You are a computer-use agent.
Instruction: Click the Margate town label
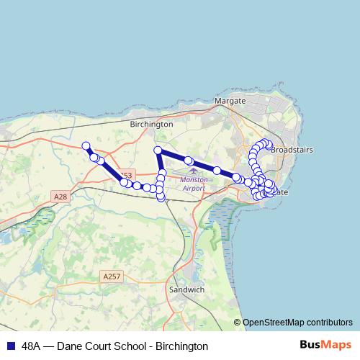click(230, 102)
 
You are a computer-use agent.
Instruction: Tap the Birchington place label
click(151, 124)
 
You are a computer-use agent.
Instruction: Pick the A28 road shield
click(60, 196)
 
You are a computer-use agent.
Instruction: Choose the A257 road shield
click(112, 276)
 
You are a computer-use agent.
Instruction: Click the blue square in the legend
click(10, 346)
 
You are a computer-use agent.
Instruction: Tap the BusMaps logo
click(325, 346)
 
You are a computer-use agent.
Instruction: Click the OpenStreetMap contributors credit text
click(297, 323)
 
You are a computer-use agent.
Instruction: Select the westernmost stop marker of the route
click(86, 145)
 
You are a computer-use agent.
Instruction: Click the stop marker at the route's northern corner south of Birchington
click(158, 150)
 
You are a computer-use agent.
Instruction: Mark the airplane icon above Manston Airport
click(192, 171)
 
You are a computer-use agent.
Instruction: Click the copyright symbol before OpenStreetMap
click(238, 323)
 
